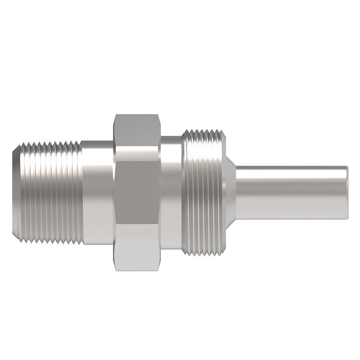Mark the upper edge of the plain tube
[x=291, y=167]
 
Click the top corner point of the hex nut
[x=137, y=114]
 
